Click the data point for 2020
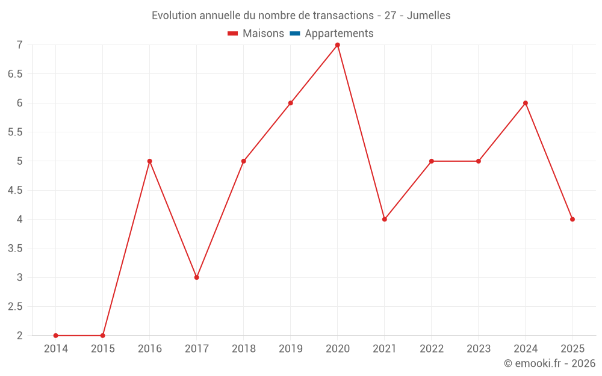(x=338, y=45)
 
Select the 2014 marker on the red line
(x=55, y=336)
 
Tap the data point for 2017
(x=197, y=277)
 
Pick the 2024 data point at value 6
(x=526, y=103)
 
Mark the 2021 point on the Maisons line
(x=385, y=219)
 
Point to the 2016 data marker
(x=150, y=161)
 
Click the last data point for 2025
(x=573, y=219)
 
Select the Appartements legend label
(x=339, y=34)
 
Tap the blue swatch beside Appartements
(x=295, y=34)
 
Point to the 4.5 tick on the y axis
(x=15, y=190)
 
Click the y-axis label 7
(x=20, y=45)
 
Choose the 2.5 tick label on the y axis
(x=15, y=307)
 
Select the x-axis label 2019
(x=291, y=349)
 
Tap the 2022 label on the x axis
(x=432, y=349)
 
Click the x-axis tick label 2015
(x=103, y=349)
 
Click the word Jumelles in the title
(x=429, y=16)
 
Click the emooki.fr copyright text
(x=550, y=363)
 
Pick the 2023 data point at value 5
(x=479, y=161)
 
